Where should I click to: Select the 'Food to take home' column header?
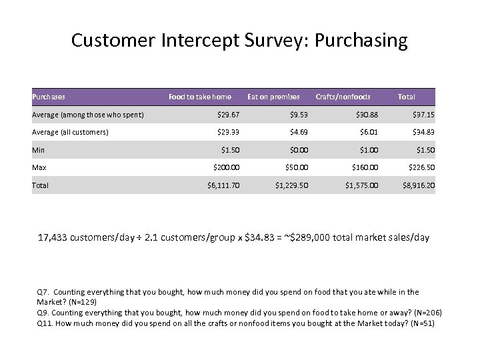199,97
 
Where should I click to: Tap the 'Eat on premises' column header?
273,97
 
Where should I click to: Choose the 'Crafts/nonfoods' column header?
343,97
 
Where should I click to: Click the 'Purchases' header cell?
49,97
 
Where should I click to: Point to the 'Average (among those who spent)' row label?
88,115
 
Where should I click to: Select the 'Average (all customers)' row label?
71,132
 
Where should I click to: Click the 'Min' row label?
38,149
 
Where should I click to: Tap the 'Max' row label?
39,167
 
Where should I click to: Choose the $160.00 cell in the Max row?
364,167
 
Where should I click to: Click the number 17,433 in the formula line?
58,237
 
